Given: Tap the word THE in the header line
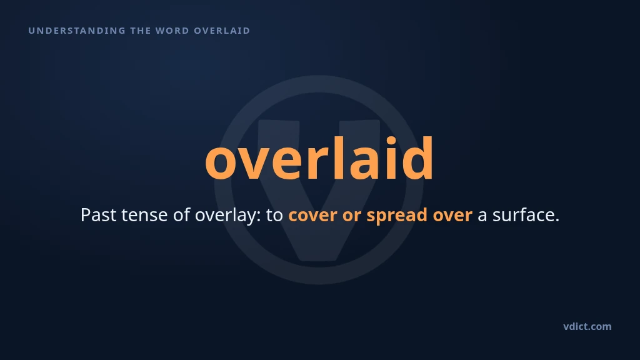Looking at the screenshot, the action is pos(139,31).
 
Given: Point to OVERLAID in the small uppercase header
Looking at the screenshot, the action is pos(222,31).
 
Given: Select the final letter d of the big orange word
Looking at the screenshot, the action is pos(417,158).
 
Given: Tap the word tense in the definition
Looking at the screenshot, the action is pos(144,216).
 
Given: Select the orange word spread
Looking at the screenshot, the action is pos(397,216).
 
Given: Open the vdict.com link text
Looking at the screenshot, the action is pos(587,326).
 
